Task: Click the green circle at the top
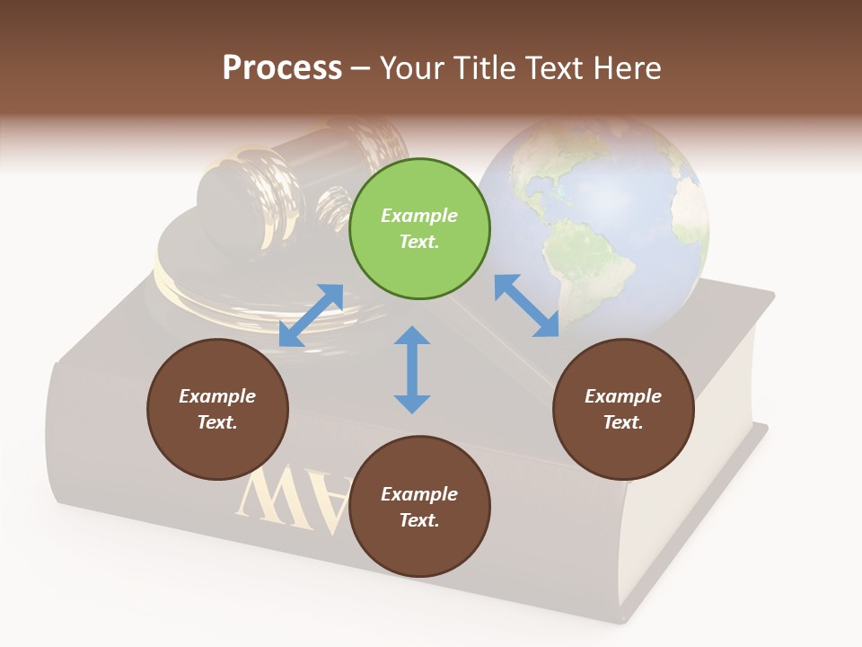[x=419, y=229]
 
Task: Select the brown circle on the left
[x=217, y=409]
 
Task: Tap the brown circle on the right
[x=623, y=409]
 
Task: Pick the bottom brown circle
[x=419, y=507]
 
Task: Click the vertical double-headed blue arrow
[x=412, y=369]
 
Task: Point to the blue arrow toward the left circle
[x=311, y=315]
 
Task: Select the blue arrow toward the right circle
[x=526, y=306]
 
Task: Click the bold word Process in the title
[x=282, y=67]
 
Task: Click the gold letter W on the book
[x=269, y=494]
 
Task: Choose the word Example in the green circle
[x=419, y=216]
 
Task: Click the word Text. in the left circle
[x=217, y=422]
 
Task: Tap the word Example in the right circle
[x=623, y=396]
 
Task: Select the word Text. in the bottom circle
[x=419, y=520]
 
